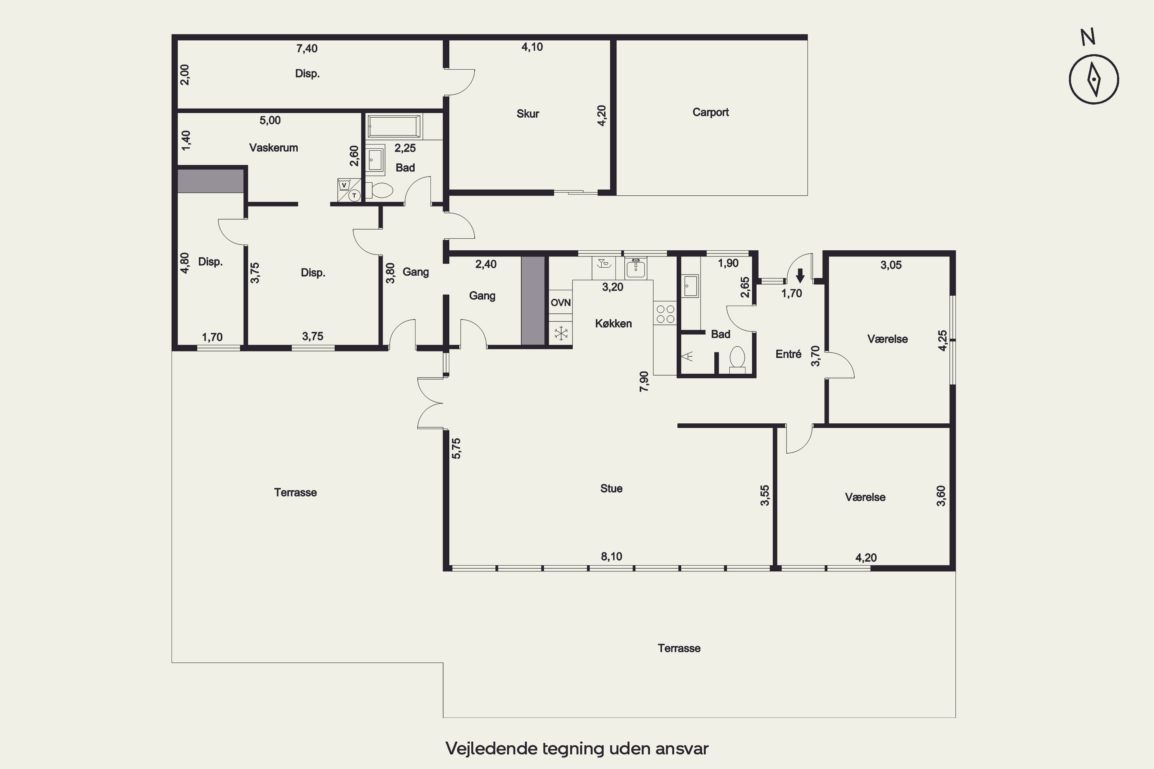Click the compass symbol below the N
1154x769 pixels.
[x=1094, y=80]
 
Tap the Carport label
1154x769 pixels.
[x=710, y=112]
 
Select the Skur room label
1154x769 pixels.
[x=527, y=114]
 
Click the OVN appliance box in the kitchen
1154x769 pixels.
[x=560, y=303]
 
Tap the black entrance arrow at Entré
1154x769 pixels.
[x=800, y=276]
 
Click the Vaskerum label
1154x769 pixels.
[x=273, y=148]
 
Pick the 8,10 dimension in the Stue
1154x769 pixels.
[x=611, y=557]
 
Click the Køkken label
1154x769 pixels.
[x=613, y=324]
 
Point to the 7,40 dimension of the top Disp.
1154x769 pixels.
[x=307, y=48]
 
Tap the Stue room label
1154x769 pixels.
[x=611, y=488]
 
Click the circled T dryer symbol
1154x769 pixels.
[x=354, y=196]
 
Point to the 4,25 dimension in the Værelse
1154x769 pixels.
[x=942, y=340]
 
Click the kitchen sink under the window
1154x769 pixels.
[x=636, y=267]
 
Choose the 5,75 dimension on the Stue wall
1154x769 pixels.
[x=456, y=448]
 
